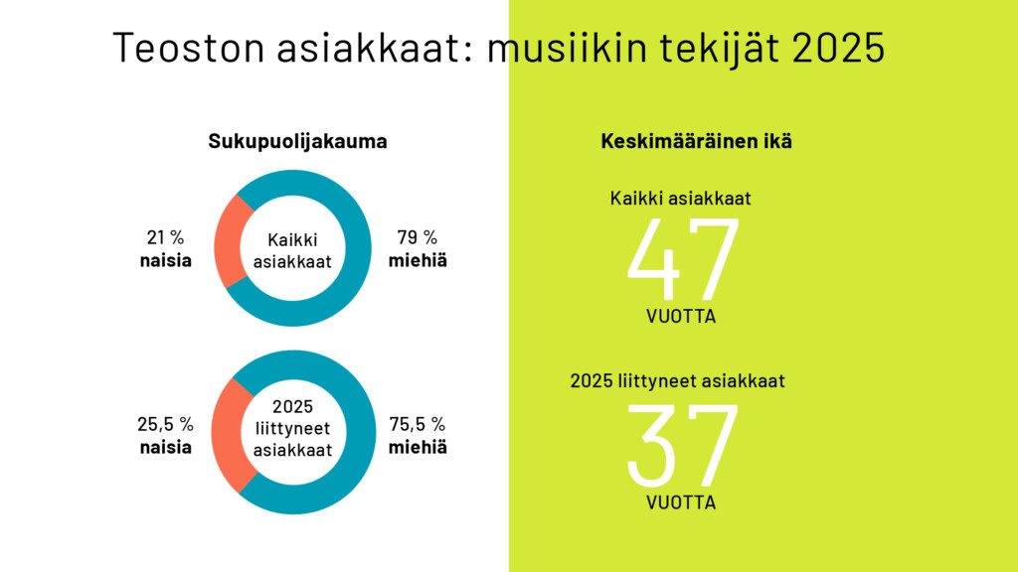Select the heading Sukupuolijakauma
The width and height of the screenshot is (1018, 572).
pos(297,142)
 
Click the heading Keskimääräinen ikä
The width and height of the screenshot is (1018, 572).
pos(696,142)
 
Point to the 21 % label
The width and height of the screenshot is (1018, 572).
pos(165,238)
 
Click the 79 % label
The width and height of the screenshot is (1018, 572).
pos(417,238)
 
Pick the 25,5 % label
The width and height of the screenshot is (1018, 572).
pos(165,424)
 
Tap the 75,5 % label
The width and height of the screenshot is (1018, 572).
pos(418,424)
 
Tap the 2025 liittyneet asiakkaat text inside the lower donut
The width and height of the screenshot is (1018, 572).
pos(291,429)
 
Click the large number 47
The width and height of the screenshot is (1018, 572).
pos(683,260)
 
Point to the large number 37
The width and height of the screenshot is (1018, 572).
pos(683,444)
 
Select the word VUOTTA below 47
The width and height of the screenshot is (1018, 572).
pos(681,318)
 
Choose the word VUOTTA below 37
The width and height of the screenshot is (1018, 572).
pos(681,502)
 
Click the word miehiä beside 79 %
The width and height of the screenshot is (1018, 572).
pos(417,261)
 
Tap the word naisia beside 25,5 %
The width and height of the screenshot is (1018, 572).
pos(165,447)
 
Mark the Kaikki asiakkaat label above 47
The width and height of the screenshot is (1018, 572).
pos(680,198)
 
